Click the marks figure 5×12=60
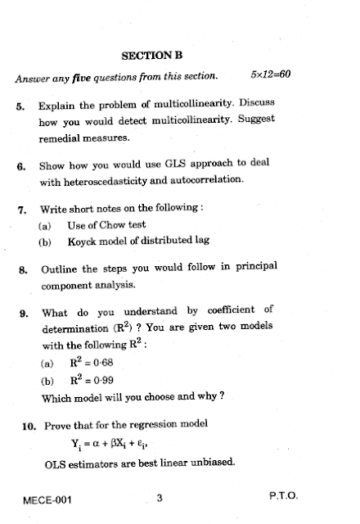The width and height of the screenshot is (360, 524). [x=272, y=76]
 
